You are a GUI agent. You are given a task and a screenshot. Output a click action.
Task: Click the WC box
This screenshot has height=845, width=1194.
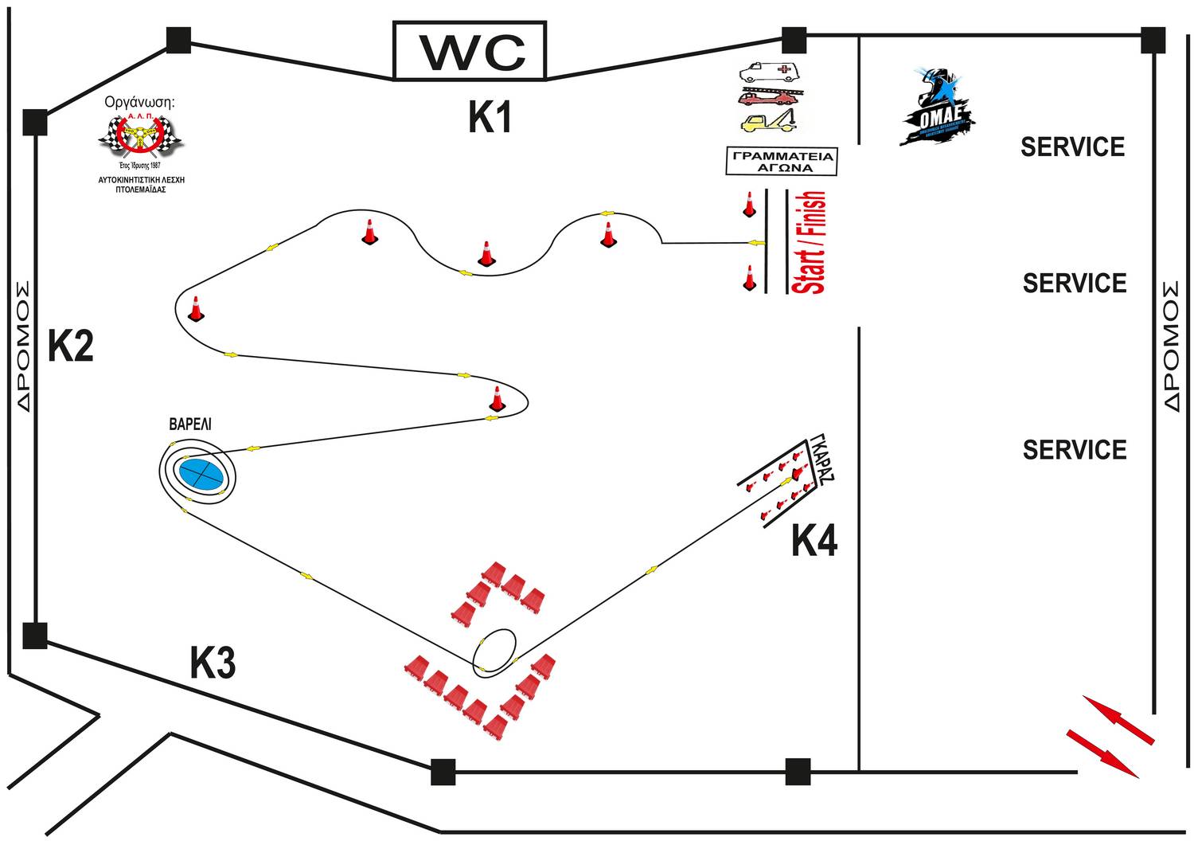pyautogui.click(x=470, y=51)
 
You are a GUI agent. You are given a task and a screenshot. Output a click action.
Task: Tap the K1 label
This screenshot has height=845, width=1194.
pyautogui.click(x=489, y=117)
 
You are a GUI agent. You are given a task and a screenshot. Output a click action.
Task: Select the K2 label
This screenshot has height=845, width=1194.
pyautogui.click(x=70, y=346)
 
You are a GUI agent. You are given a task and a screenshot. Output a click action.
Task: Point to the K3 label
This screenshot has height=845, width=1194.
pyautogui.click(x=213, y=663)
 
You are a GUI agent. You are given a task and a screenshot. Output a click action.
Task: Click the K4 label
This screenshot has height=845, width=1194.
pyautogui.click(x=814, y=542)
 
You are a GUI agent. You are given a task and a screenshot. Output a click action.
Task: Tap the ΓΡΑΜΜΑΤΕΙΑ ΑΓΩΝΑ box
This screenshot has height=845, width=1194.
pyautogui.click(x=782, y=162)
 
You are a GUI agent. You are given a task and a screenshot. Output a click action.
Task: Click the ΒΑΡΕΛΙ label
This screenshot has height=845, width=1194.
pyautogui.click(x=190, y=424)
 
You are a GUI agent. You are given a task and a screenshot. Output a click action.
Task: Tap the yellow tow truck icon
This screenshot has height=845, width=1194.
pyautogui.click(x=769, y=121)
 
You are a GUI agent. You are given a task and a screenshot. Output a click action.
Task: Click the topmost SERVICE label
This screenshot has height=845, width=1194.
pyautogui.click(x=1072, y=147)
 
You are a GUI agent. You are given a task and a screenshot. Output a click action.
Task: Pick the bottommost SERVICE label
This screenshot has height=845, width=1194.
pyautogui.click(x=1074, y=450)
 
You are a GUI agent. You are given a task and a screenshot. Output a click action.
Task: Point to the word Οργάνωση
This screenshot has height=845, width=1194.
pyautogui.click(x=139, y=103)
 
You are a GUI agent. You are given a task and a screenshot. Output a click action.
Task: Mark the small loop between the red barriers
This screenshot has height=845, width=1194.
pyautogui.click(x=494, y=652)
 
